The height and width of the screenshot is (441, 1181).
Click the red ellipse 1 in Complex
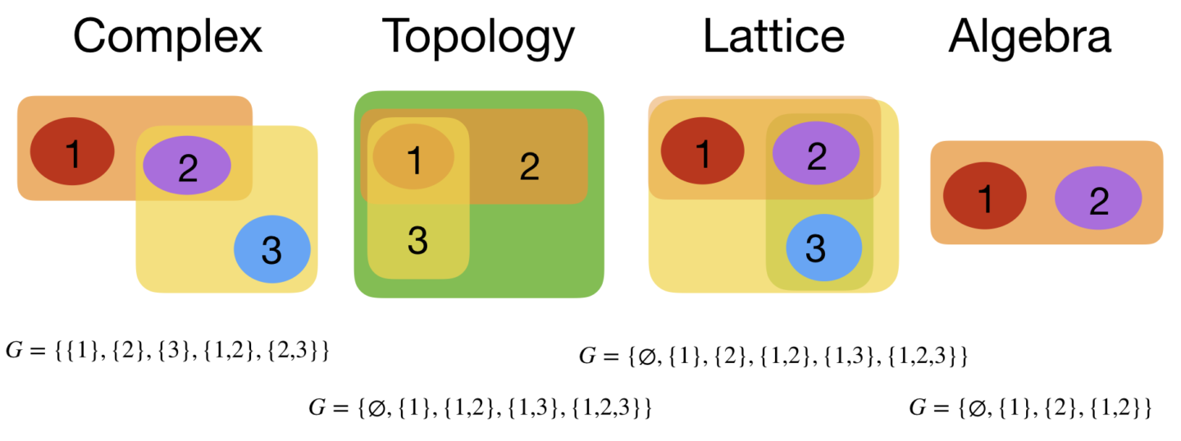[72, 152]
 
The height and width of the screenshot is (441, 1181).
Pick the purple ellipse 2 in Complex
[187, 166]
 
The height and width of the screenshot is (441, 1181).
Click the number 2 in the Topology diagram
[529, 167]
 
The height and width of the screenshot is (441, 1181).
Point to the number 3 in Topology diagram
[417, 241]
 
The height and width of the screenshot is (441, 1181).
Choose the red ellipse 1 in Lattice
[703, 153]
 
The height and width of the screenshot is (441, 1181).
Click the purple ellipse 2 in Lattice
[816, 155]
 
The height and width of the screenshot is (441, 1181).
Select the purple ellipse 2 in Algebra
[1098, 200]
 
